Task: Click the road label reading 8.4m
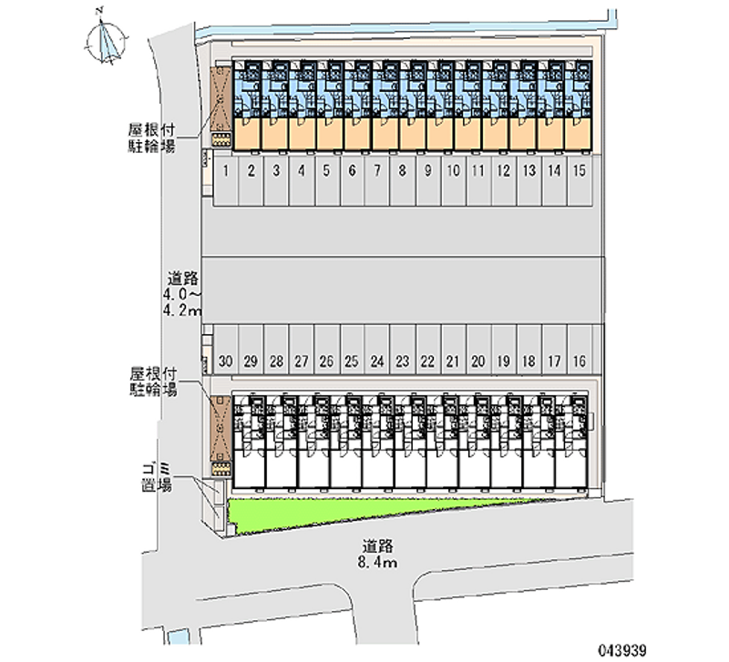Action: pyautogui.click(x=376, y=555)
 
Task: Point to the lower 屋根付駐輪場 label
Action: pyautogui.click(x=153, y=382)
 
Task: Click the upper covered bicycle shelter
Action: pyautogui.click(x=221, y=102)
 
